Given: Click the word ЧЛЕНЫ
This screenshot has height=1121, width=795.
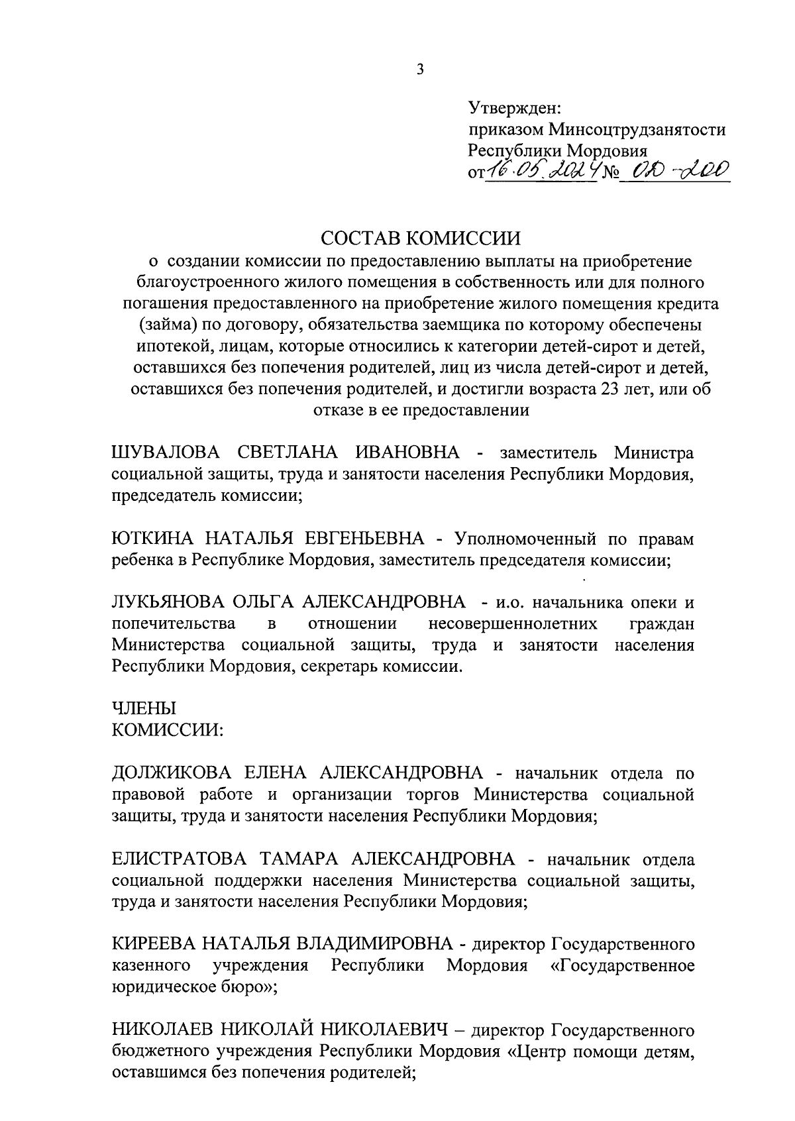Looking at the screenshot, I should coord(138,709).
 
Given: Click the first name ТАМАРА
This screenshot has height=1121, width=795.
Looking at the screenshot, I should coord(298,859).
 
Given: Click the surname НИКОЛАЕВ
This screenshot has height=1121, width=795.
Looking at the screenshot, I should coord(161,1030).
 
